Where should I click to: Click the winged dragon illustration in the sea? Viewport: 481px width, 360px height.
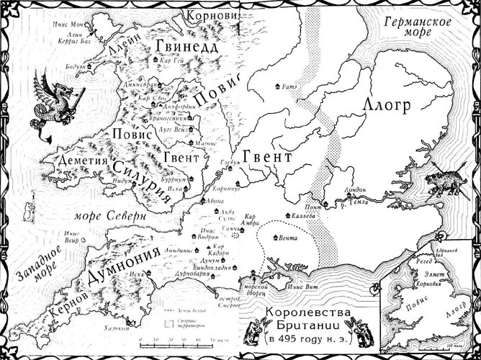point(53,102)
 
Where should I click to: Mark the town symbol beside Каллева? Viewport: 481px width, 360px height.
point(288,215)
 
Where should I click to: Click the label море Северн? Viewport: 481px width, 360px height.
point(119,215)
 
